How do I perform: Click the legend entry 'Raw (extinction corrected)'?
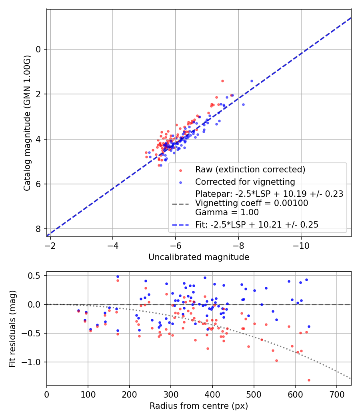tap(250, 169)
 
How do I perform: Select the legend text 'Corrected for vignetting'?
tap(245, 182)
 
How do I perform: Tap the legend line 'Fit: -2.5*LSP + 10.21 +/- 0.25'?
tap(257, 225)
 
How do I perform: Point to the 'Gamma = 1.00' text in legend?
tap(227, 212)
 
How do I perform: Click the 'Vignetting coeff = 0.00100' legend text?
tap(252, 203)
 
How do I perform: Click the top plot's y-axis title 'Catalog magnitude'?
tap(27, 140)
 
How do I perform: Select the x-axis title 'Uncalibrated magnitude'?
tap(199, 257)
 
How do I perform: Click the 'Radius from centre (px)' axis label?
tap(199, 406)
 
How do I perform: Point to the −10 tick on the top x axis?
tap(301, 245)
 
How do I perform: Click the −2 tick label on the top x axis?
tap(50, 245)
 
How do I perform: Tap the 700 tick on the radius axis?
tap(336, 394)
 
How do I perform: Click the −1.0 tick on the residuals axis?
tap(34, 362)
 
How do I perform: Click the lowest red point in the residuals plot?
tap(309, 380)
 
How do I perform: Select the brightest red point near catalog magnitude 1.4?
tap(222, 81)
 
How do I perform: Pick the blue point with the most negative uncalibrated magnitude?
tap(252, 81)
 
